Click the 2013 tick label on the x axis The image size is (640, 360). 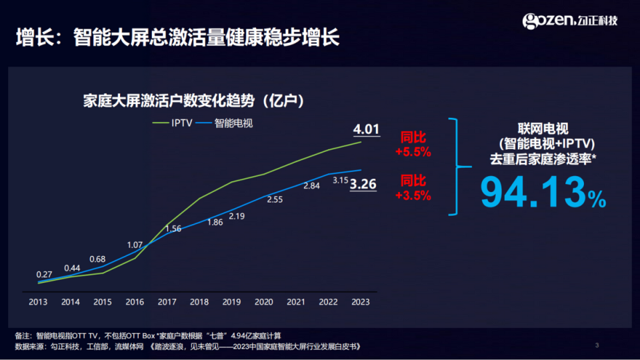pyautogui.click(x=38, y=302)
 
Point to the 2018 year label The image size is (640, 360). pyautogui.click(x=199, y=302)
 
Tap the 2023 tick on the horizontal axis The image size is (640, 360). pyautogui.click(x=360, y=302)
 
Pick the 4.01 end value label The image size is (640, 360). pyautogui.click(x=366, y=129)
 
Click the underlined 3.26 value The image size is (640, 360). pyautogui.click(x=363, y=184)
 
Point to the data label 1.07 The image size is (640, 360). pyautogui.click(x=135, y=245)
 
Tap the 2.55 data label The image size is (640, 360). pyautogui.click(x=275, y=199)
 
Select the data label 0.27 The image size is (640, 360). pyautogui.click(x=45, y=274)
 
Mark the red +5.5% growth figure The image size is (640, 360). pyautogui.click(x=413, y=152)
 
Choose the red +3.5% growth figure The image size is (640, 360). pyautogui.click(x=413, y=195)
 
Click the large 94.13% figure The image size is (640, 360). pyautogui.click(x=543, y=192)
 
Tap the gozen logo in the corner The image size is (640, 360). pyautogui.click(x=570, y=21)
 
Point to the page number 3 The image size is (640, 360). pyautogui.click(x=597, y=345)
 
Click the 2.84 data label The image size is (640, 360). pyautogui.click(x=311, y=186)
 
